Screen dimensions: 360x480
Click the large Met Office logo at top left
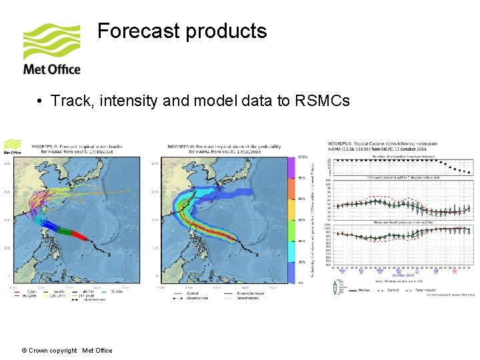(51, 50)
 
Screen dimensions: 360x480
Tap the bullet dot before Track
(41, 101)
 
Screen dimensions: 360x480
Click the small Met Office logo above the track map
(13, 146)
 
